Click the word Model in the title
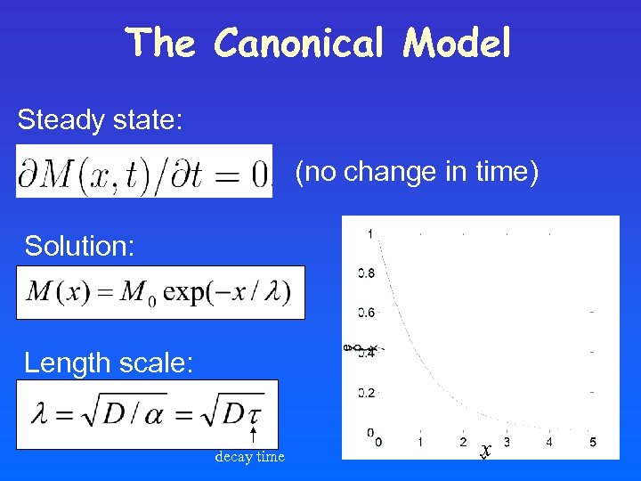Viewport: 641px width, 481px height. tap(457, 43)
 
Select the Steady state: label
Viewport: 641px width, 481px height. tap(100, 119)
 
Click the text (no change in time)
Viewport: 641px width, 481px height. tap(417, 171)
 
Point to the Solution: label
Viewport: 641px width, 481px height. tap(79, 246)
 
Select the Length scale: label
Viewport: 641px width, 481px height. tap(108, 363)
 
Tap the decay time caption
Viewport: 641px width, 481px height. tap(249, 457)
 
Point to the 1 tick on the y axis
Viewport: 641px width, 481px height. tap(369, 233)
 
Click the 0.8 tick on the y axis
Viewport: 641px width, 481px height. tap(366, 273)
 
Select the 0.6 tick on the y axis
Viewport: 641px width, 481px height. tap(366, 313)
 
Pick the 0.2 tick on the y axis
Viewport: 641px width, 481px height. tap(366, 392)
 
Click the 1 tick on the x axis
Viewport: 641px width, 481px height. tap(420, 442)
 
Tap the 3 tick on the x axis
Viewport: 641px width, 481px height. tap(507, 442)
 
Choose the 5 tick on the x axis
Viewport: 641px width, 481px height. tap(593, 442)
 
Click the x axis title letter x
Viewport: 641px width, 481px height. tap(485, 451)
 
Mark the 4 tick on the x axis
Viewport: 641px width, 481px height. tap(549, 442)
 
